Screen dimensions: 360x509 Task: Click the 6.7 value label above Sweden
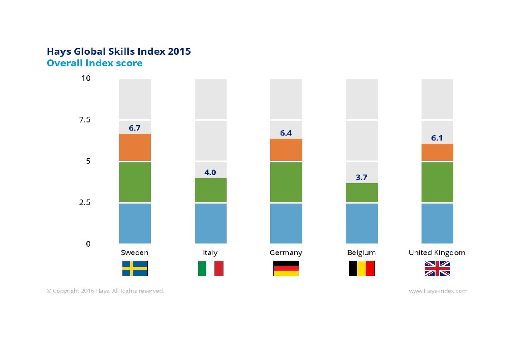(x=135, y=128)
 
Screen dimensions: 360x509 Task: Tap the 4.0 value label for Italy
(x=210, y=172)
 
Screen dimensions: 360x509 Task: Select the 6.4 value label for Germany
(x=286, y=133)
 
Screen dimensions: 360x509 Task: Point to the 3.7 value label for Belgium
(x=361, y=178)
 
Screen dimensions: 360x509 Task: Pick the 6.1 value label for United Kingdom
(x=437, y=138)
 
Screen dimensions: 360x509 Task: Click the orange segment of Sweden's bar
(x=135, y=147)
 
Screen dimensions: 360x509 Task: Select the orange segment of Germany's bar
(x=286, y=150)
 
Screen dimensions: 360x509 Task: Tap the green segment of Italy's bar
(x=211, y=190)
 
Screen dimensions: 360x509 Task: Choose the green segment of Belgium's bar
(x=362, y=193)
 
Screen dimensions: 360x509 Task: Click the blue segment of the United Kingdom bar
(x=437, y=224)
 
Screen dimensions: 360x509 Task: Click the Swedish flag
(x=135, y=268)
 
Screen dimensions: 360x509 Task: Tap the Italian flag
(x=211, y=268)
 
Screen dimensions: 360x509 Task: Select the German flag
(x=286, y=268)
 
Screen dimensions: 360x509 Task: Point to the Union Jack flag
(x=437, y=268)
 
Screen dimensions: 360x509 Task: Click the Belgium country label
(x=361, y=253)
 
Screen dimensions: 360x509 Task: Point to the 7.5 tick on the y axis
(x=85, y=120)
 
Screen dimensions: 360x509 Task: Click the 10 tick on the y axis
(x=86, y=78)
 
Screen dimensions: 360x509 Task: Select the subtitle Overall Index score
(x=94, y=63)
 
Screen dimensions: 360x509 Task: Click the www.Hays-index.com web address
(x=438, y=291)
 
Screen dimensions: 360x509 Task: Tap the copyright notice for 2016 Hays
(x=105, y=291)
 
